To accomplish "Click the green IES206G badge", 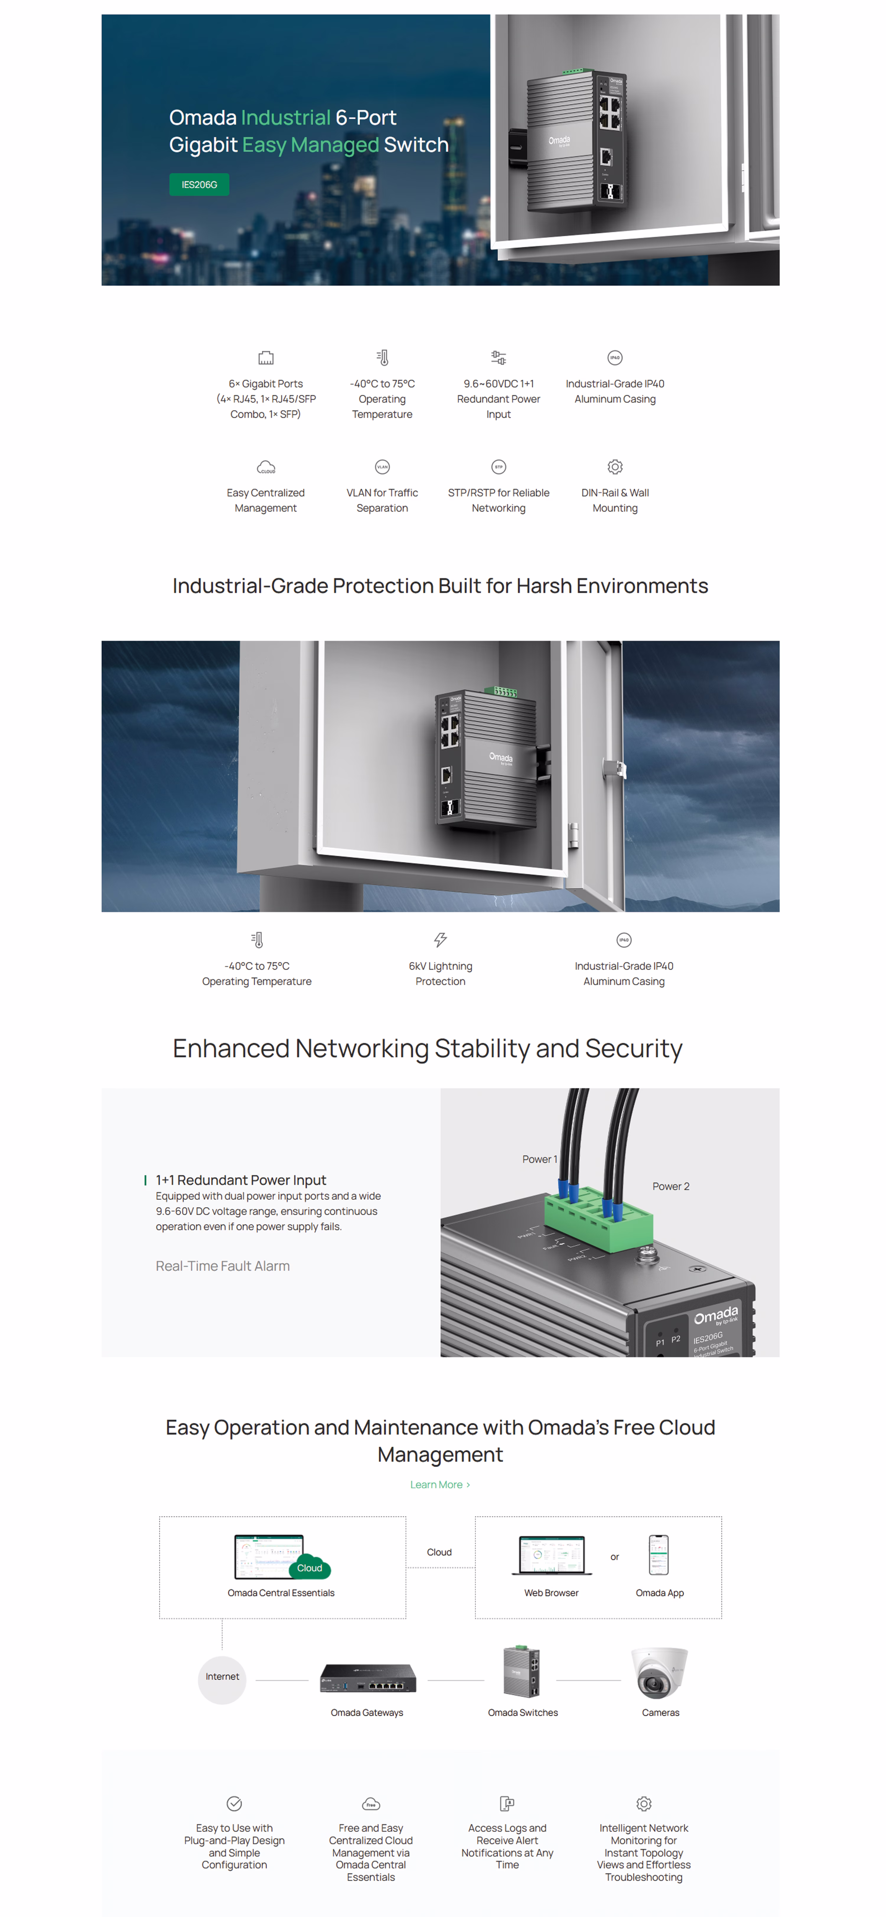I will (x=199, y=185).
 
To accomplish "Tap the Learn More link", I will (x=439, y=1485).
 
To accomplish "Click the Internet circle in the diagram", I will (x=222, y=1677).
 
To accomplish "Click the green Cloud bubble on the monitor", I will (x=310, y=1568).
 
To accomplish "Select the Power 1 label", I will (x=539, y=1159).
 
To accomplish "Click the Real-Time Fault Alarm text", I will (x=223, y=1266).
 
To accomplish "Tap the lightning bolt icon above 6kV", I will (x=440, y=940).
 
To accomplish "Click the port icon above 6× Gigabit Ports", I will (x=266, y=358).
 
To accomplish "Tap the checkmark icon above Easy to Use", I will (x=234, y=1803).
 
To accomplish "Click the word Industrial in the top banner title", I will (x=286, y=118).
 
